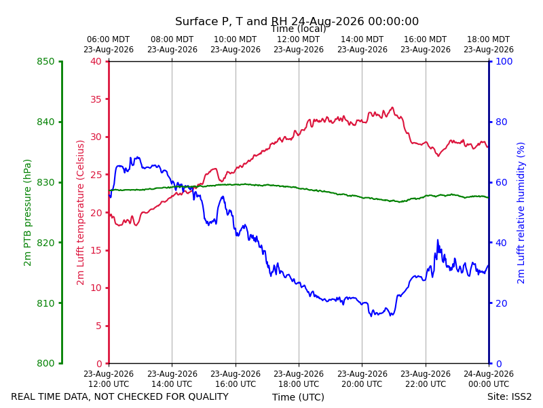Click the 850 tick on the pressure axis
(x=45, y=62)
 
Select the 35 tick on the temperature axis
(x=96, y=99)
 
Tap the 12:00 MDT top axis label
(x=299, y=44)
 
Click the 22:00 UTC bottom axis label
(x=426, y=379)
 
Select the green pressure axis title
(x=27, y=213)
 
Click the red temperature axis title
(x=80, y=213)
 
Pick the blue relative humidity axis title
(x=521, y=213)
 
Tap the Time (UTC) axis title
(x=298, y=397)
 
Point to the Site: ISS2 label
(x=510, y=396)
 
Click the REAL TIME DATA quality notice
(x=120, y=396)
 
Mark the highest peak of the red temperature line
(x=392, y=107)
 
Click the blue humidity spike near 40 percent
(x=438, y=240)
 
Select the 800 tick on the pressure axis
(x=45, y=363)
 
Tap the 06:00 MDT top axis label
(x=109, y=44)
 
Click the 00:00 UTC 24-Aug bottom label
(x=489, y=379)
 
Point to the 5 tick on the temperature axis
(x=99, y=326)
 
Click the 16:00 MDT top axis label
(x=426, y=44)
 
